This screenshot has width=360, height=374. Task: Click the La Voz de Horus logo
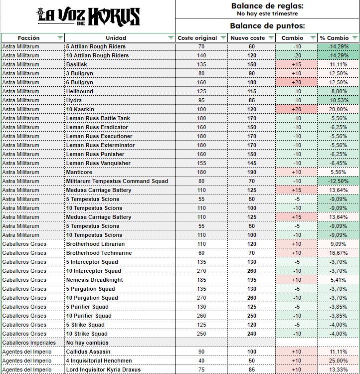coord(89,16)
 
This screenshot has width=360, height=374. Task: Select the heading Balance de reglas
coord(267,6)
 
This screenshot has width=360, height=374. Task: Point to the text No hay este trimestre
coord(267,14)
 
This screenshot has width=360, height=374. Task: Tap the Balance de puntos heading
coord(267,26)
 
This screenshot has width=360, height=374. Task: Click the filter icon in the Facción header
coord(60,38)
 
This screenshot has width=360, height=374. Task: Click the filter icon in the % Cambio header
coord(355,38)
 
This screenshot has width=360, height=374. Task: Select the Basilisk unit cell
coord(78,64)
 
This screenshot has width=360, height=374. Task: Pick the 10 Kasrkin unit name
coord(81,109)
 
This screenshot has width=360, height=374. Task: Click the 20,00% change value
coord(338,109)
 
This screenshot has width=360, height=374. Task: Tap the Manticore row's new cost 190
coord(251,172)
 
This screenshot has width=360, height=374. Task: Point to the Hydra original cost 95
coord(201,100)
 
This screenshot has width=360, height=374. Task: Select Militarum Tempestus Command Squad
coord(117,181)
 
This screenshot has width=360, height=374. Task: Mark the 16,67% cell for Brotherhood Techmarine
coord(338,253)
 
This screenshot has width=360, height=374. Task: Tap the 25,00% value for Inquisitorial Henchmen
coord(338,361)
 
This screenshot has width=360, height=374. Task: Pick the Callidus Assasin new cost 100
coord(251,352)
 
